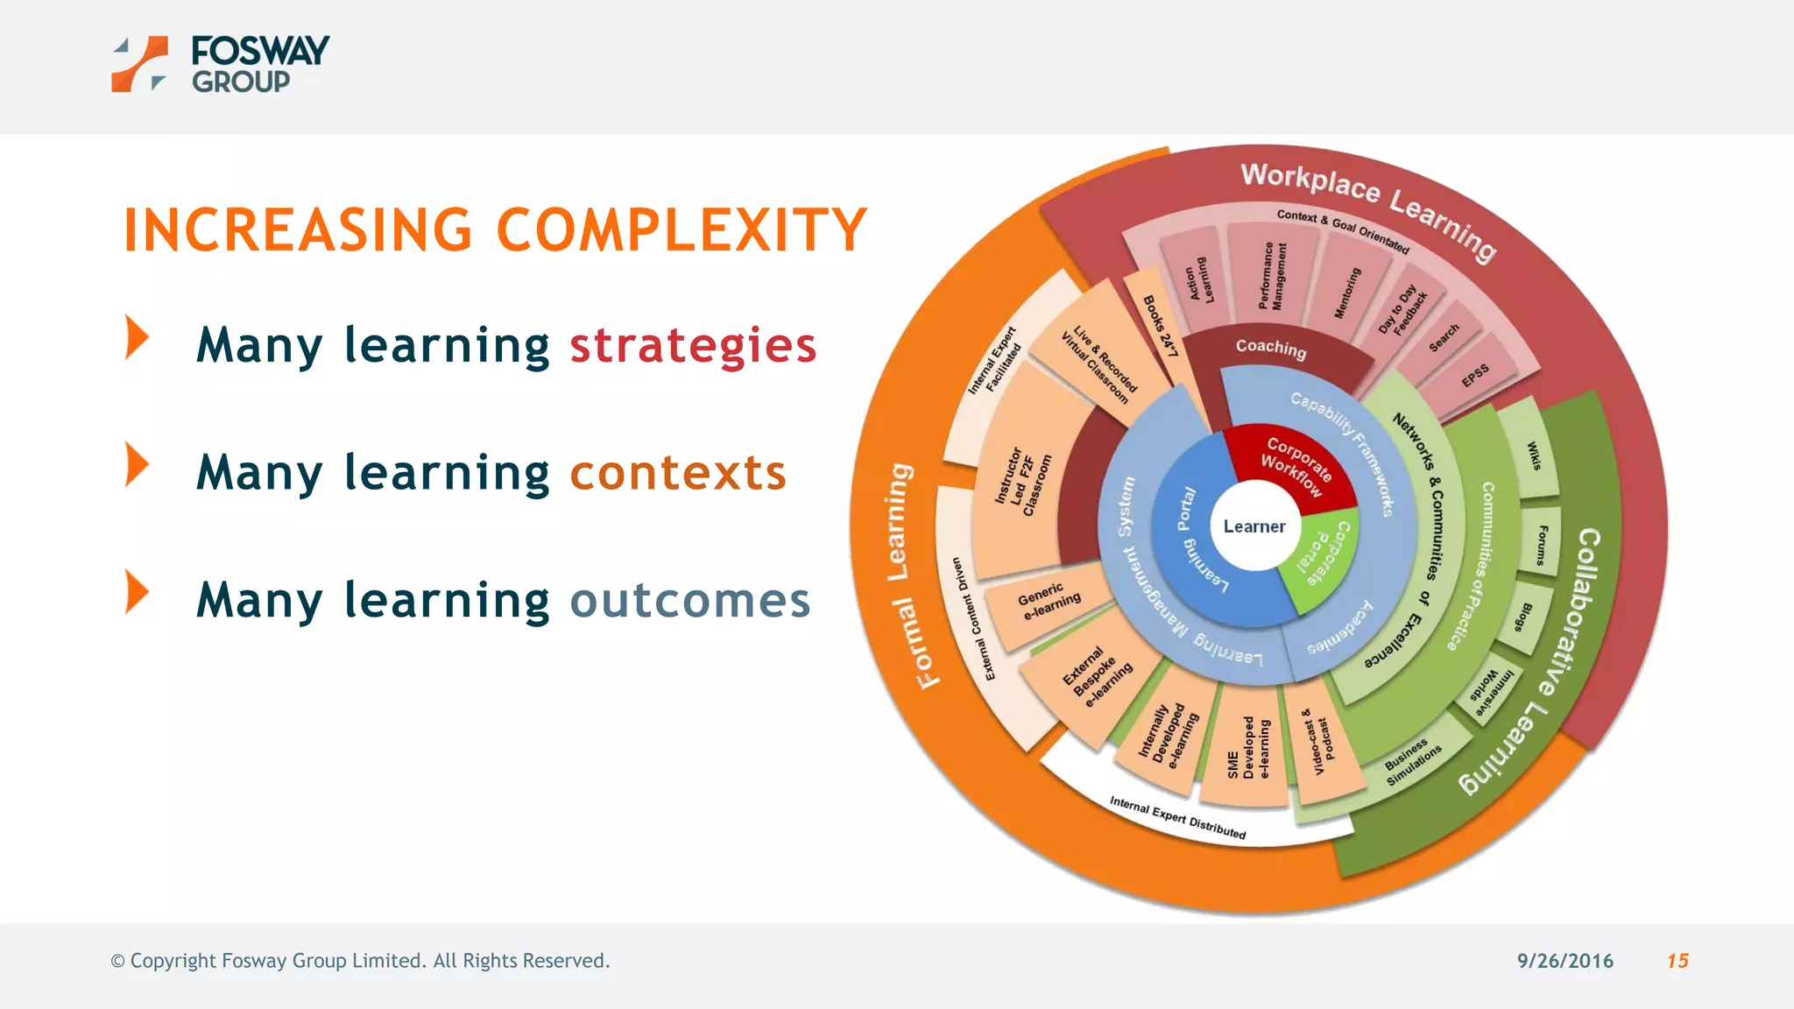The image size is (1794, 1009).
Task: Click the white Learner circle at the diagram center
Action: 1254,526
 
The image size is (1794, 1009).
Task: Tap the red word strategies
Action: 693,345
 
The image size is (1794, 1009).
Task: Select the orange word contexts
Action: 678,473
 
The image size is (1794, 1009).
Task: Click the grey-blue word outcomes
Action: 690,601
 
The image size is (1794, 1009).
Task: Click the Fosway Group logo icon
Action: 139,64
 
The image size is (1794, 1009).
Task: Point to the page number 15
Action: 1677,961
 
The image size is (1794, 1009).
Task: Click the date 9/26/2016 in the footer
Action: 1564,961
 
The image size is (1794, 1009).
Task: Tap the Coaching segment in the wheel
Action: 1270,349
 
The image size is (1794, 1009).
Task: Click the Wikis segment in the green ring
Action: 1533,455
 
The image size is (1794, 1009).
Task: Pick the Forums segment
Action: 1543,545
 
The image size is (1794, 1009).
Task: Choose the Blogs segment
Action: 1524,617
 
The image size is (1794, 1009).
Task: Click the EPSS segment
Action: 1475,376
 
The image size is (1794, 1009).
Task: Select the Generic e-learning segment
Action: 1049,601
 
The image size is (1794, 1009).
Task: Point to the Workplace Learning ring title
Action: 1367,208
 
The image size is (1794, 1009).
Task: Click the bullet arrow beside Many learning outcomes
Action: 137,592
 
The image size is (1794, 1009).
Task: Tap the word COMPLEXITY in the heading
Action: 682,230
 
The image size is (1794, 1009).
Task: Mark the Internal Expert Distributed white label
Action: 1177,816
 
